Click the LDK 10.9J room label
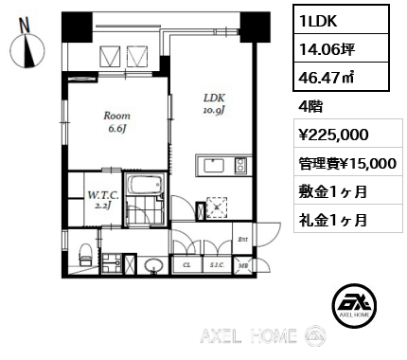pyautogui.click(x=214, y=103)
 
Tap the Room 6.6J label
pyautogui.click(x=116, y=122)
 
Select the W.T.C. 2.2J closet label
pyautogui.click(x=103, y=200)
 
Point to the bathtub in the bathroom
pyautogui.click(x=146, y=185)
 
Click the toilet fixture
pyautogui.click(x=85, y=255)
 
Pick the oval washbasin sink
pyautogui.click(x=154, y=265)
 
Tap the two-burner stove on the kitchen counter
pyautogui.click(x=240, y=165)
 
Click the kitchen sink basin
pyautogui.click(x=214, y=165)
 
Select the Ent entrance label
pyautogui.click(x=242, y=240)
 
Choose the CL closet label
pyautogui.click(x=186, y=265)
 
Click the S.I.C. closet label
pyautogui.click(x=217, y=265)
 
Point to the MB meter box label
pyautogui.click(x=243, y=265)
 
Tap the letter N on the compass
pyautogui.click(x=25, y=26)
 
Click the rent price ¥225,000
pyautogui.click(x=334, y=135)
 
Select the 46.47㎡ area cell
pyautogui.click(x=341, y=77)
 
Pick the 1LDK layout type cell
pyautogui.click(x=341, y=20)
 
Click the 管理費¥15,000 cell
pyautogui.click(x=348, y=163)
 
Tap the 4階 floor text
pyautogui.click(x=310, y=106)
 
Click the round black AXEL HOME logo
pyautogui.click(x=354, y=305)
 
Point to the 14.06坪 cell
pyautogui.click(x=341, y=48)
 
